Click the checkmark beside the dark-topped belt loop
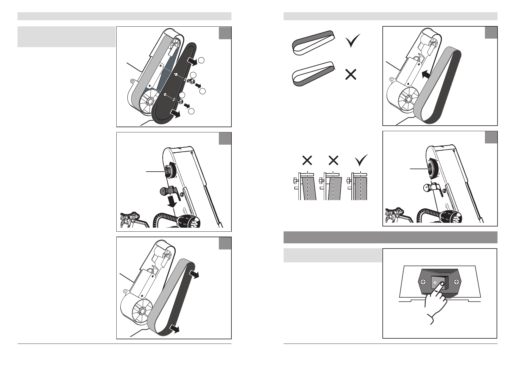pos(353,42)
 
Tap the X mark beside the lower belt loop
pos(351,74)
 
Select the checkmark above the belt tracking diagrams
pos(361,160)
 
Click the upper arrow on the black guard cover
pos(192,62)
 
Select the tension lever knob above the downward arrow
pos(163,191)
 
